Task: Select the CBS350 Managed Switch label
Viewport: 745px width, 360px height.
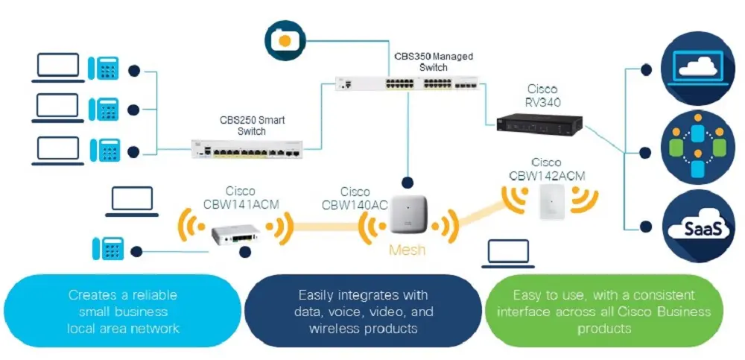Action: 434,62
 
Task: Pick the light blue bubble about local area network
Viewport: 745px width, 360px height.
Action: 122,312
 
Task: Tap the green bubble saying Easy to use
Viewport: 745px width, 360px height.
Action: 603,312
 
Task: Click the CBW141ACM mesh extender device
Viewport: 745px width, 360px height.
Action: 238,235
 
